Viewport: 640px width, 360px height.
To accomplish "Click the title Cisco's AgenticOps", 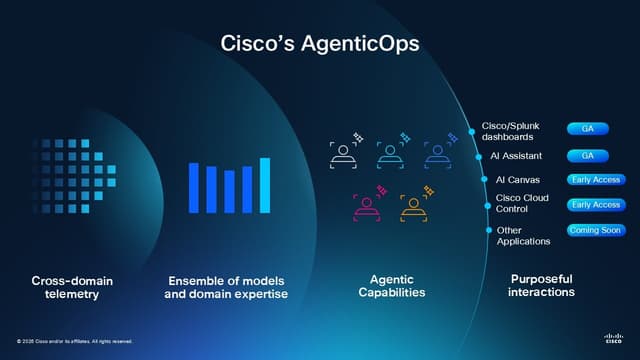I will (319, 44).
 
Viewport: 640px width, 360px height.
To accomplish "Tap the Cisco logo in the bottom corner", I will (613, 337).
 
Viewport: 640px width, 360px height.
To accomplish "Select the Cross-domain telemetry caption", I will (72, 287).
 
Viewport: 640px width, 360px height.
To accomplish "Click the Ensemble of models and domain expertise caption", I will (228, 287).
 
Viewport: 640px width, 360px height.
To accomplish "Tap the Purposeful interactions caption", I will (541, 286).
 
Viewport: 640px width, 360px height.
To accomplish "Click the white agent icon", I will (343, 154).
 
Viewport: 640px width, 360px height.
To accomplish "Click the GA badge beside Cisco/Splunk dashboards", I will (587, 129).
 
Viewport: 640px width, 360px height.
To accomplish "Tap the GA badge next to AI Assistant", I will (587, 155).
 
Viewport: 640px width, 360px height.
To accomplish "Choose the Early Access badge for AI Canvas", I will (595, 180).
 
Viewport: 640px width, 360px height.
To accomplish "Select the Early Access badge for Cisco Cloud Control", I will (595, 205).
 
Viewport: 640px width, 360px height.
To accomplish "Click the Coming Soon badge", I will (595, 230).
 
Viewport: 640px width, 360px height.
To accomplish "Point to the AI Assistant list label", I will (516, 156).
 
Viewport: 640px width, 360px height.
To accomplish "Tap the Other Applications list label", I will (523, 236).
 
